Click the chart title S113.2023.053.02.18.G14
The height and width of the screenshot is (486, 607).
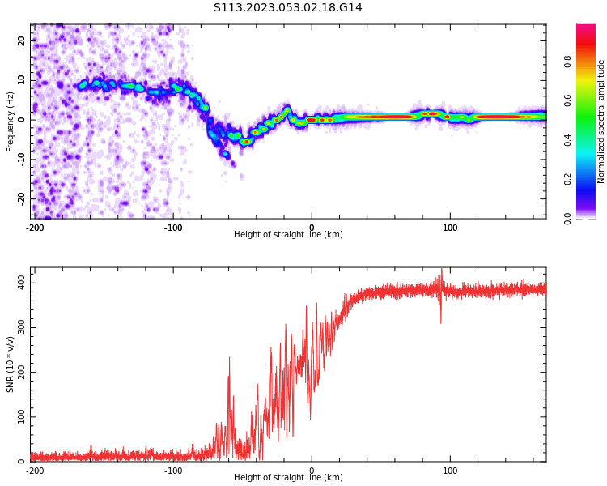(288, 8)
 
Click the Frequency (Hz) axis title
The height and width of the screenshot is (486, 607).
(11, 122)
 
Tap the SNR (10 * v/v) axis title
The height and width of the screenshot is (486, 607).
(11, 364)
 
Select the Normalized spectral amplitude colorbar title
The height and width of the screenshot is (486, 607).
(601, 122)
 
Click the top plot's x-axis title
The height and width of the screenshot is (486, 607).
(288, 235)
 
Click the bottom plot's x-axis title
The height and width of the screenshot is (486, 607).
(288, 478)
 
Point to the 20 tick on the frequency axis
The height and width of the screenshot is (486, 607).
(22, 40)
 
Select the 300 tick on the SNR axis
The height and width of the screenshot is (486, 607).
(19, 327)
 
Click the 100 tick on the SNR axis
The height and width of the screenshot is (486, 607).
(19, 417)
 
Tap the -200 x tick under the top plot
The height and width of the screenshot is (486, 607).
(35, 228)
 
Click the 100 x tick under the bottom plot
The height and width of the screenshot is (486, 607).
(450, 471)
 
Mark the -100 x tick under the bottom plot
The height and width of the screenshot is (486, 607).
(173, 471)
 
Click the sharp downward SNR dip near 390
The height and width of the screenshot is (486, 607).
(441, 322)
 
